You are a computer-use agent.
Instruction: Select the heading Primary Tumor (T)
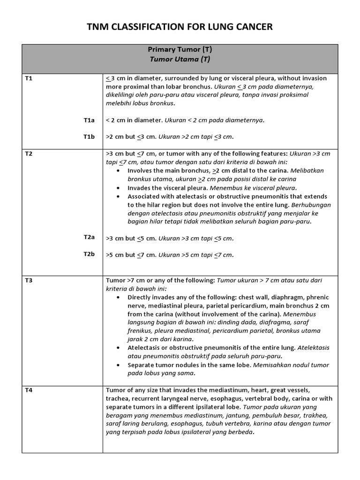[x=180, y=50]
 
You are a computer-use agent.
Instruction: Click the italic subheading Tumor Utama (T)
[x=180, y=60]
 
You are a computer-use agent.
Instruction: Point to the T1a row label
[x=89, y=120]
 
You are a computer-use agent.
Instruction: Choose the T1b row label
[x=89, y=137]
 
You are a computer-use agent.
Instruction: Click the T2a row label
[x=89, y=238]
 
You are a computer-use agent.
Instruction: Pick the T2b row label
[x=89, y=254]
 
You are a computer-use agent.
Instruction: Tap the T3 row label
[x=29, y=280]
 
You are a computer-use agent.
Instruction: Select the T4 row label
[x=29, y=390]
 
